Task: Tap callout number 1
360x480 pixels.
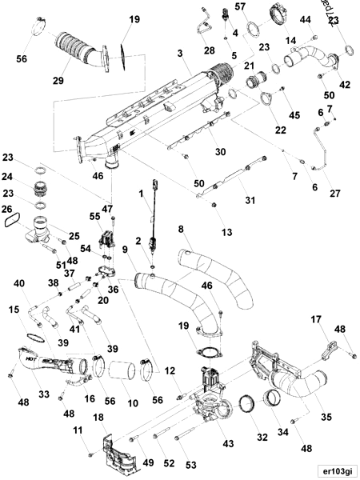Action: click(x=142, y=192)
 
